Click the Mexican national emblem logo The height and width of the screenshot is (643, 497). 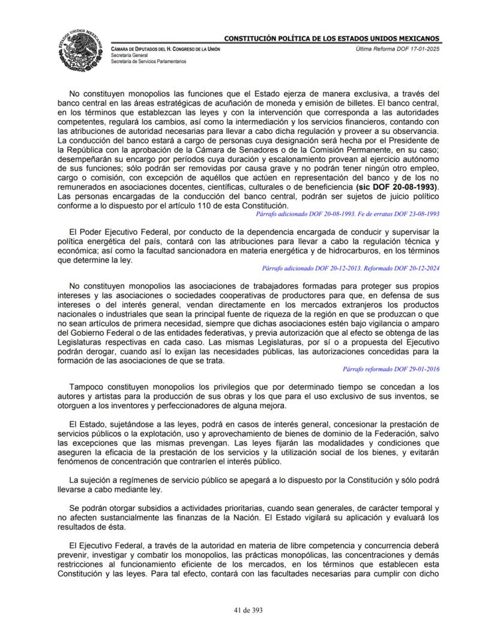(82, 49)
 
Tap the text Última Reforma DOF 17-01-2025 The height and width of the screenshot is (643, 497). (397, 48)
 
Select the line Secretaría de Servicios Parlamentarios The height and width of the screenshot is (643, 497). (148, 61)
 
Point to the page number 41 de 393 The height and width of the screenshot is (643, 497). (248, 610)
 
